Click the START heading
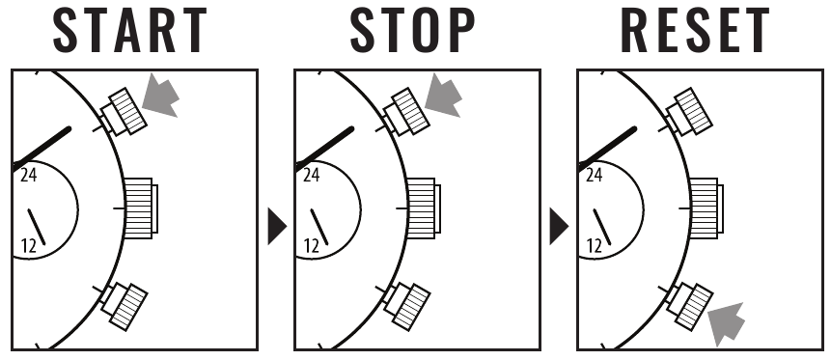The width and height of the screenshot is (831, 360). click(x=130, y=30)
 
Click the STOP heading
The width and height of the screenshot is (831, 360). click(x=412, y=30)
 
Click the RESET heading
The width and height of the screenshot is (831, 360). click(x=695, y=30)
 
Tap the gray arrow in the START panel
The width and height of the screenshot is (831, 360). click(x=161, y=96)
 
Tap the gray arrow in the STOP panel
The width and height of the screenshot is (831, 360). click(x=444, y=96)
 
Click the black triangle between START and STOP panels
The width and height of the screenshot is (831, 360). click(x=277, y=227)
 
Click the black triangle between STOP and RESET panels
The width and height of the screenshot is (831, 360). click(x=559, y=227)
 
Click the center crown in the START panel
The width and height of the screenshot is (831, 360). click(x=141, y=208)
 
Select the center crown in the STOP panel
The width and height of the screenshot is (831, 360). click(x=424, y=208)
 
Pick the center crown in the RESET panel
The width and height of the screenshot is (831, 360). click(x=706, y=208)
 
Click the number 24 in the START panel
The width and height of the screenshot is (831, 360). click(x=29, y=175)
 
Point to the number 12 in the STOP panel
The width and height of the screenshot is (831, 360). click(x=311, y=246)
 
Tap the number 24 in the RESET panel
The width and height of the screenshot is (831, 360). click(x=595, y=175)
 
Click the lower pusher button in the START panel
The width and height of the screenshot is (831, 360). click(x=125, y=307)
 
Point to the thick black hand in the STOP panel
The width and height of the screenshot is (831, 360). click(x=324, y=149)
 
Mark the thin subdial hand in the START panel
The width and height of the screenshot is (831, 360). click(x=37, y=227)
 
